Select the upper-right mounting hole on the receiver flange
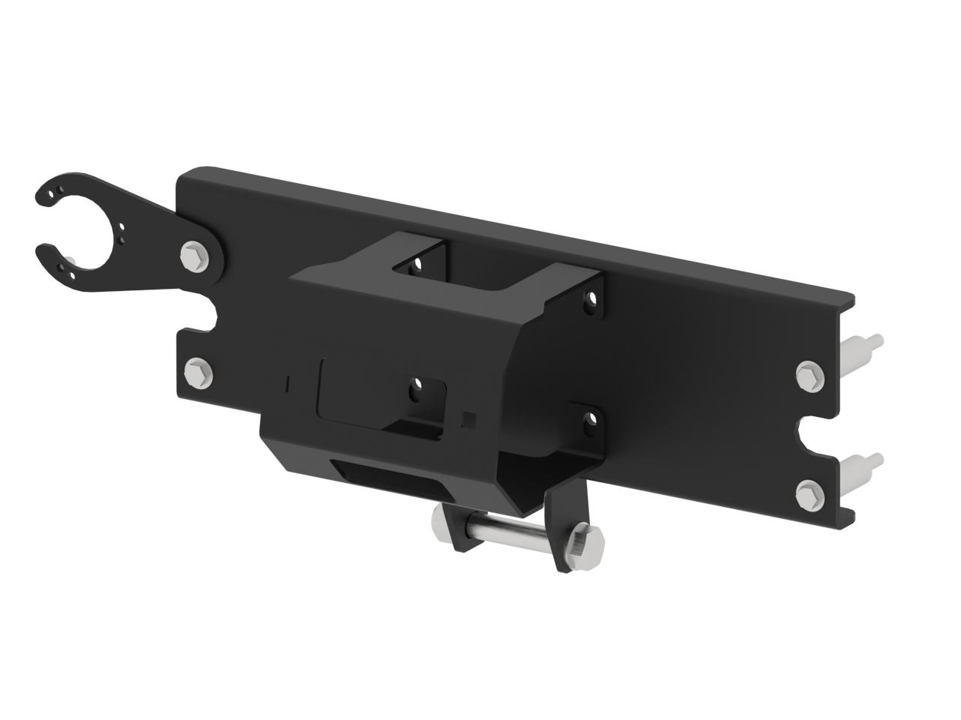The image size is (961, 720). click(592, 301)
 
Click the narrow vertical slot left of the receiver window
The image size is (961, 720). click(289, 383)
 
